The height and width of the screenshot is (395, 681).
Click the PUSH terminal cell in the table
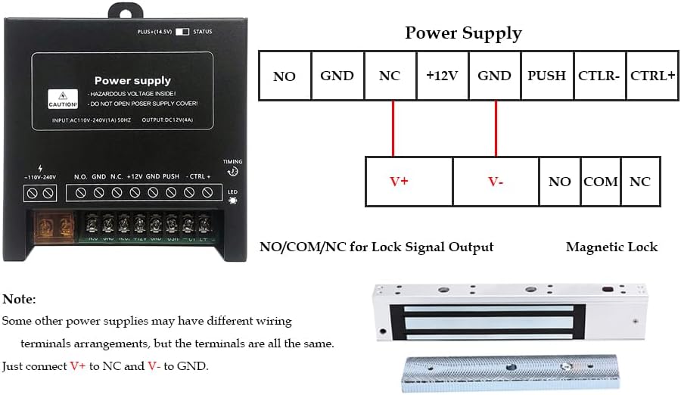pyautogui.click(x=546, y=76)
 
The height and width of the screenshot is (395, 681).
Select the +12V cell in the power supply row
pyautogui.click(x=443, y=76)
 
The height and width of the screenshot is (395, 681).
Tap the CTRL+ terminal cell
pyautogui.click(x=652, y=76)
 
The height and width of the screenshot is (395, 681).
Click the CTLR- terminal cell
pyautogui.click(x=599, y=76)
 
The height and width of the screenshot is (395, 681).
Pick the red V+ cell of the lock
pyautogui.click(x=409, y=182)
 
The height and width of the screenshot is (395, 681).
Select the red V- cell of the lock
pyautogui.click(x=496, y=182)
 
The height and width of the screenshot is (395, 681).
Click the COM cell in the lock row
pyautogui.click(x=601, y=182)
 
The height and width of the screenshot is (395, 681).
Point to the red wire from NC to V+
pyautogui.click(x=393, y=129)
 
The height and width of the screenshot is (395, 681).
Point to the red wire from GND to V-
pyautogui.click(x=496, y=129)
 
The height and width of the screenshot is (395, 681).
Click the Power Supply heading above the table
pyautogui.click(x=463, y=33)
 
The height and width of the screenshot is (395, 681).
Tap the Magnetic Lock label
pyautogui.click(x=611, y=247)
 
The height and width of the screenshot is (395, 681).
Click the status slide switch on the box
pyautogui.click(x=182, y=33)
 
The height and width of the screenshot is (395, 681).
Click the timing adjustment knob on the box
pyautogui.click(x=233, y=172)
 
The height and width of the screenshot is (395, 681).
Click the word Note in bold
pyautogui.click(x=19, y=300)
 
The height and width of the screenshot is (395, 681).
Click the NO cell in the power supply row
pyautogui.click(x=285, y=76)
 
